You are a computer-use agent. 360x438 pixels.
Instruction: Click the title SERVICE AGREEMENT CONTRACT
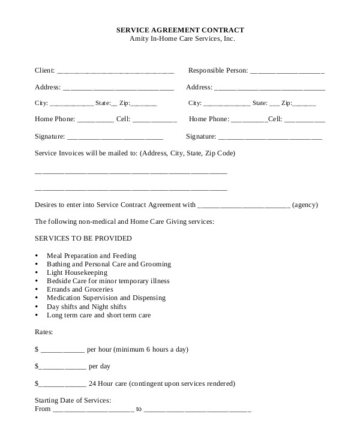coord(179,29)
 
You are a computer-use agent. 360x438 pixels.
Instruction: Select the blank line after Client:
coord(115,71)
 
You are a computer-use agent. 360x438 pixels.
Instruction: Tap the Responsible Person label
coord(218,70)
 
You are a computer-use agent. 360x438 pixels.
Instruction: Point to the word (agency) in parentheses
coord(306,205)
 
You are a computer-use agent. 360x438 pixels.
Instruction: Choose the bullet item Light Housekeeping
coord(77,272)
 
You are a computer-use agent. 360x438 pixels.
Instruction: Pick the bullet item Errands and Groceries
coord(80,289)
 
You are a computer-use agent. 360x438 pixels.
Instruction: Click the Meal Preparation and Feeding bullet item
coord(91,256)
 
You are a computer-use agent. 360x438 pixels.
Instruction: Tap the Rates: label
coord(44,331)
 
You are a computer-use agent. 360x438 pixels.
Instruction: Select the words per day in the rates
coord(99,366)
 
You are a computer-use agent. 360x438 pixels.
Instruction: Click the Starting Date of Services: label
coord(73,400)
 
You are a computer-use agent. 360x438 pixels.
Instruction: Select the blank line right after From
coord(93,410)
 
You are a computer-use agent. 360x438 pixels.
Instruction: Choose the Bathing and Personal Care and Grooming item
coord(109,264)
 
